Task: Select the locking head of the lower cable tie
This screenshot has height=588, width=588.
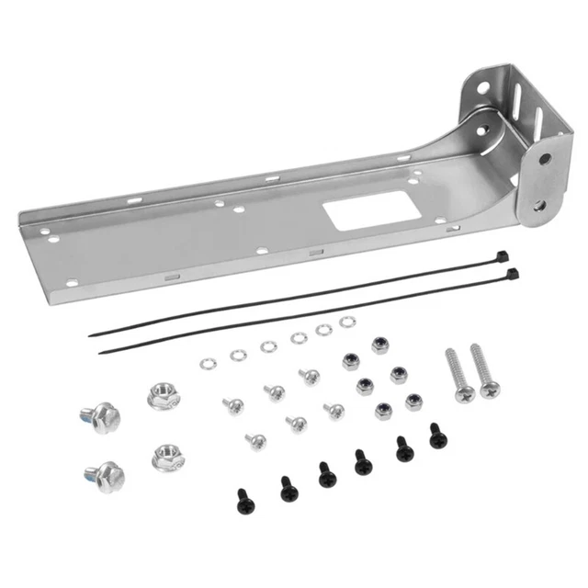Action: (x=512, y=274)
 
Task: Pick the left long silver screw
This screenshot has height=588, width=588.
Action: (x=458, y=375)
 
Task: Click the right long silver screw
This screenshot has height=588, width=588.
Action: (x=485, y=371)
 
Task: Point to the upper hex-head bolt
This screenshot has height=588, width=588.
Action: (x=104, y=419)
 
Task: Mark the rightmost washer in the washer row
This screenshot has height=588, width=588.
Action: (x=346, y=322)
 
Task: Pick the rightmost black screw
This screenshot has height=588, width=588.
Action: (x=438, y=435)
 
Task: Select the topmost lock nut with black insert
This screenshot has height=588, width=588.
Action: (x=378, y=345)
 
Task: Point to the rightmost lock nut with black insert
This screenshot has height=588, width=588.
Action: (x=413, y=401)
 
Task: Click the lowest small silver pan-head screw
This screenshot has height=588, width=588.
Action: (x=256, y=442)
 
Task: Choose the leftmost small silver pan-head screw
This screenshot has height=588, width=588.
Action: (x=233, y=403)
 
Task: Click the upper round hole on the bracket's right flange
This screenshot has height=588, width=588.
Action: (x=545, y=159)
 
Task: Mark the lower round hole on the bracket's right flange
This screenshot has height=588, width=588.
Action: (x=539, y=206)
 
